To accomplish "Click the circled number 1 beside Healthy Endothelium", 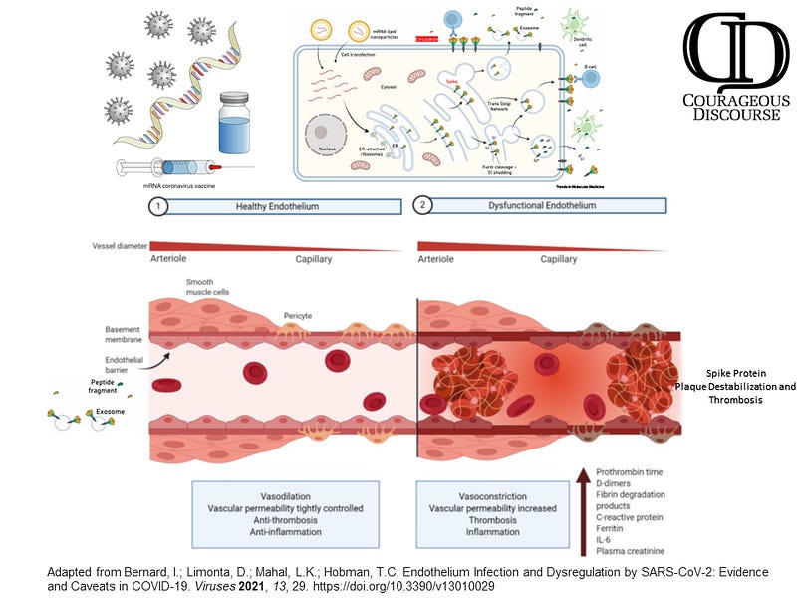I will pyautogui.click(x=156, y=206).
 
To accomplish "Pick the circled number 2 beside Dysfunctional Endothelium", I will pyautogui.click(x=423, y=206).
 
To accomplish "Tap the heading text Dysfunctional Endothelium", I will pyautogui.click(x=536, y=206).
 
